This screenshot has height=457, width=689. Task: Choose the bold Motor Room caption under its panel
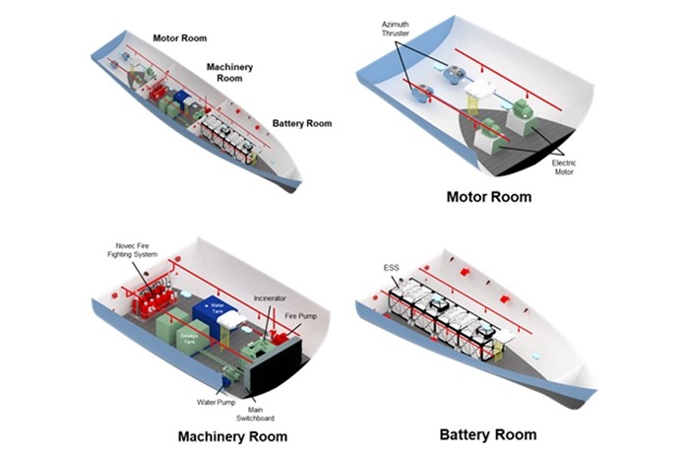(488, 197)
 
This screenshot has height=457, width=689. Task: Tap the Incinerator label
(271, 296)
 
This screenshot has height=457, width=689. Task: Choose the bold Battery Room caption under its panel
(488, 434)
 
